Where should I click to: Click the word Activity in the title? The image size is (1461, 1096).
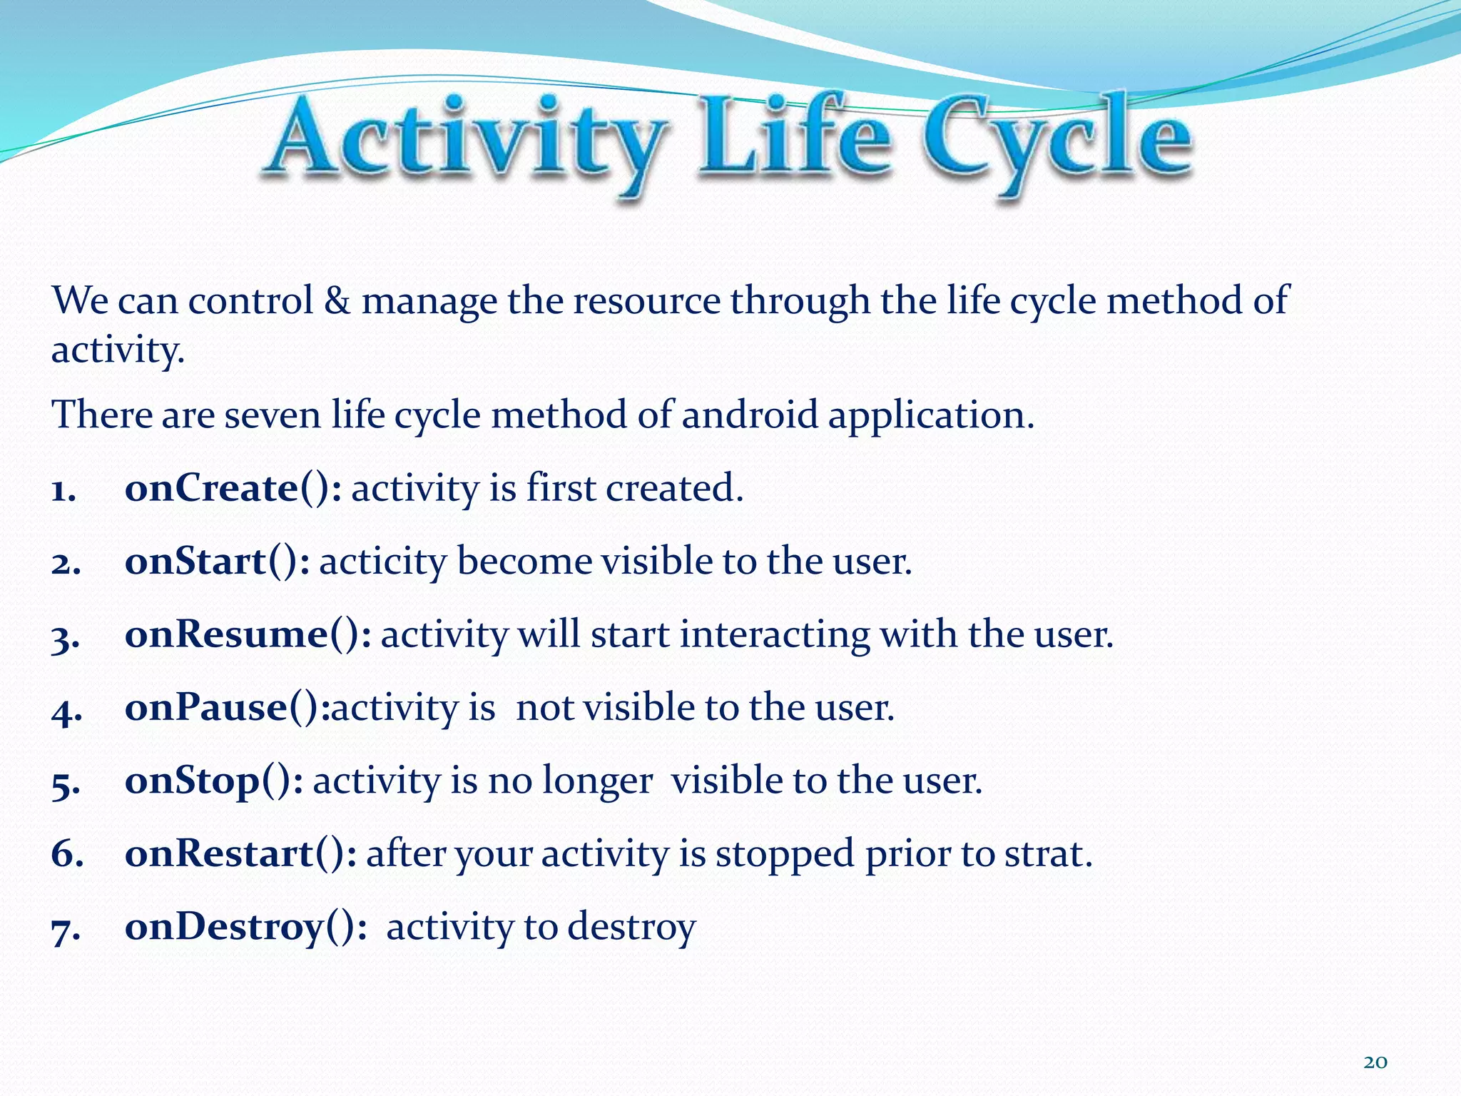coord(467,139)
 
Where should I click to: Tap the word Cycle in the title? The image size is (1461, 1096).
coord(1056,139)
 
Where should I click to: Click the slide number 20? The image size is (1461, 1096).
coord(1375,1062)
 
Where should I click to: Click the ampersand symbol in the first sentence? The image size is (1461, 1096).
coord(337,301)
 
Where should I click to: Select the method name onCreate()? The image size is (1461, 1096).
coord(233,489)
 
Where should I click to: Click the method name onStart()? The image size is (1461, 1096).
coord(217,562)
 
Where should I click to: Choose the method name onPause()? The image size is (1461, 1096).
coord(227,709)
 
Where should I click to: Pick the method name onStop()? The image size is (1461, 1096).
coord(213,781)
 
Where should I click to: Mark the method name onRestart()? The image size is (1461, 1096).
coord(240,854)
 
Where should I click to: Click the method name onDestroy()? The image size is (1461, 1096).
coord(245,928)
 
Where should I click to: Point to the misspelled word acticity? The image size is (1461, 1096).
coord(382,564)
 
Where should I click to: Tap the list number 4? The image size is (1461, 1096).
coord(66,711)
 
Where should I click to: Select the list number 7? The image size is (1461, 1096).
coord(66,930)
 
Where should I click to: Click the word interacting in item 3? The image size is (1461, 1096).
coord(774,636)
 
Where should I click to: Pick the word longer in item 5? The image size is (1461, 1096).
coord(597,782)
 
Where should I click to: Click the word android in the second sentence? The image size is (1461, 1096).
coord(749,416)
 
